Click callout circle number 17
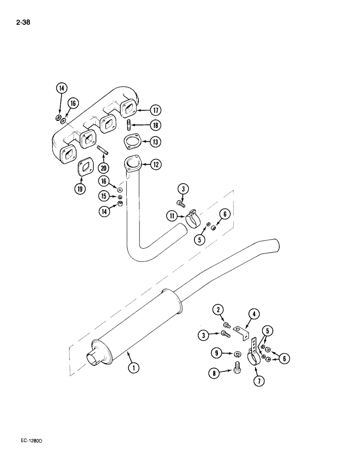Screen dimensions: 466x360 155,110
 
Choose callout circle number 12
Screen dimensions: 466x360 155,164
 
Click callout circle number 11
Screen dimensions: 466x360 173,216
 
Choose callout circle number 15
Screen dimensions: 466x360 104,197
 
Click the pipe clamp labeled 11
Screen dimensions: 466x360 191,218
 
